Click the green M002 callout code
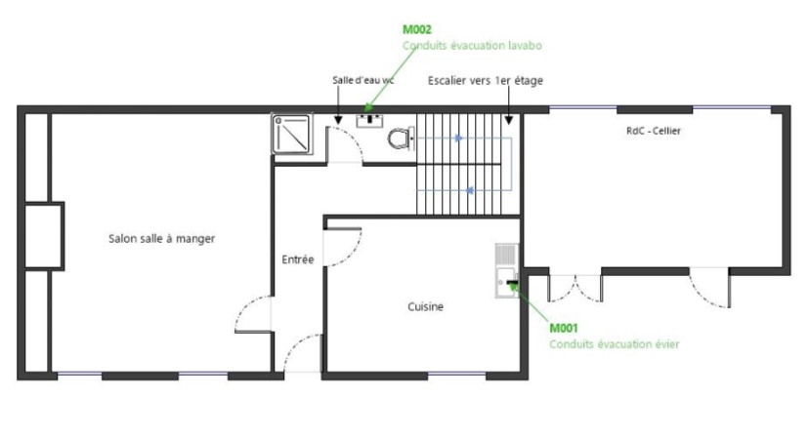(417, 29)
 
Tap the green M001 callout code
(564, 328)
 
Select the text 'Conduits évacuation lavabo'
(472, 45)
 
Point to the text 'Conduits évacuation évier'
(614, 343)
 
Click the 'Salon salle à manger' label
(161, 239)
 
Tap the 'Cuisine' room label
(425, 306)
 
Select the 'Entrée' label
(298, 259)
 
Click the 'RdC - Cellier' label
(654, 131)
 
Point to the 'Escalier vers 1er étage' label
(485, 80)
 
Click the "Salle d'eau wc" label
(363, 80)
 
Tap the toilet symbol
(401, 139)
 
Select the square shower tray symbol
(292, 134)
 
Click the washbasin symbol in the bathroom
(369, 121)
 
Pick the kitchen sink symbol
(507, 270)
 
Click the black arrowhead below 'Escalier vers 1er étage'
(509, 120)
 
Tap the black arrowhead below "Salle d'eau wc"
(338, 120)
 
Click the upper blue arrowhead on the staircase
(458, 139)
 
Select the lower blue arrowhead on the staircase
(470, 190)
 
